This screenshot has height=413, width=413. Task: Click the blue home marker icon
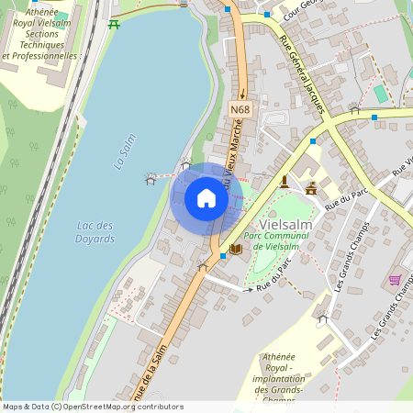206,198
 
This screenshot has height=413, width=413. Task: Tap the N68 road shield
240,110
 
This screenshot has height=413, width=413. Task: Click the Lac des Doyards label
95,232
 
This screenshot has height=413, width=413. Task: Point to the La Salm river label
124,154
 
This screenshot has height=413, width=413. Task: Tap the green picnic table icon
114,24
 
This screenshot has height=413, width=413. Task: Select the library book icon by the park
236,249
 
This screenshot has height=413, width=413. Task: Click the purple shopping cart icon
395,280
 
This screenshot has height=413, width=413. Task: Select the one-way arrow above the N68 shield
242,91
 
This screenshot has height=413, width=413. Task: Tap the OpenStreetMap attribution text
93,407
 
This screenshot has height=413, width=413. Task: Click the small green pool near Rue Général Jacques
380,93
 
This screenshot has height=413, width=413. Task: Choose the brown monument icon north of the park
285,180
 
